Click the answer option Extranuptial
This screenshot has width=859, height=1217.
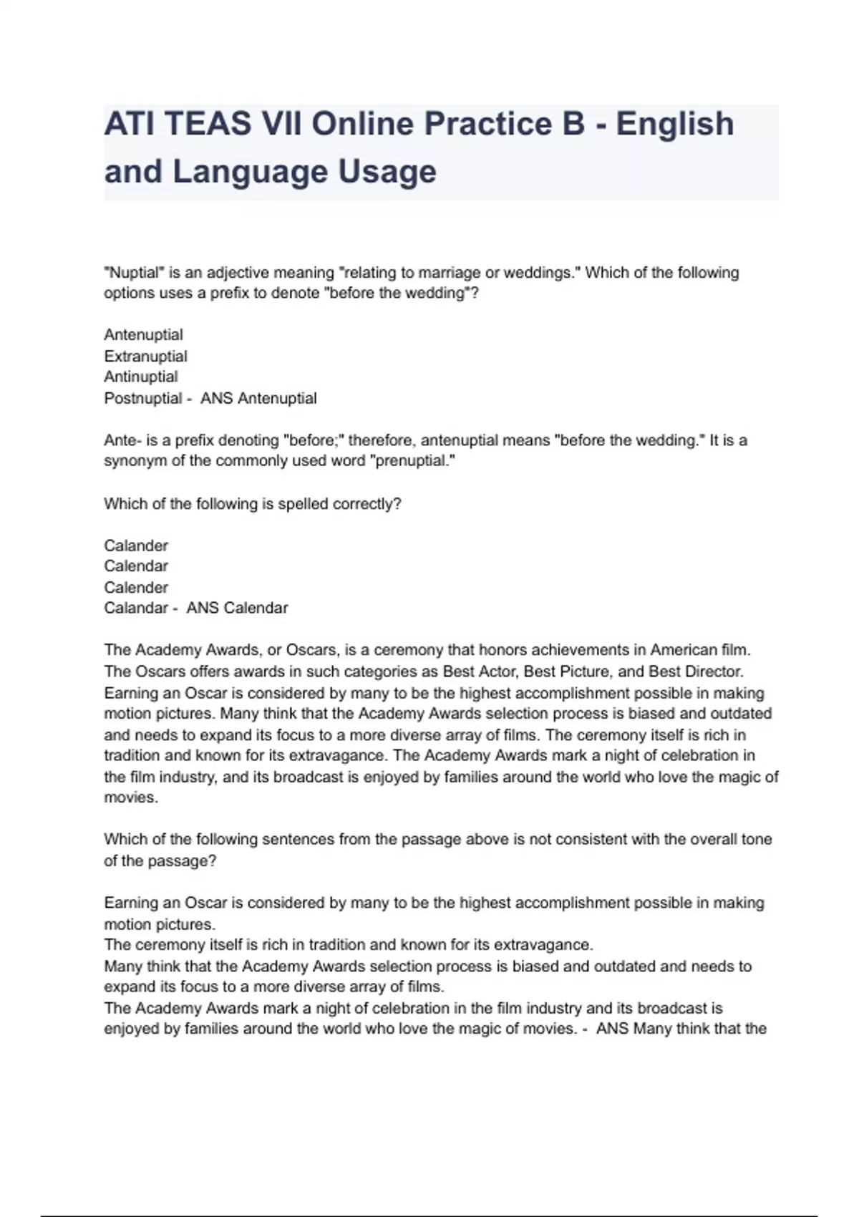tap(145, 357)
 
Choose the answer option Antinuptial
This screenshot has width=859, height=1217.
tap(141, 377)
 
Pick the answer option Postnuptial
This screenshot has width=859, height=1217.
tap(143, 398)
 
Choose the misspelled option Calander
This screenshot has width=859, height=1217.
tap(136, 546)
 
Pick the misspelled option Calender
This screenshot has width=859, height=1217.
tap(136, 588)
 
